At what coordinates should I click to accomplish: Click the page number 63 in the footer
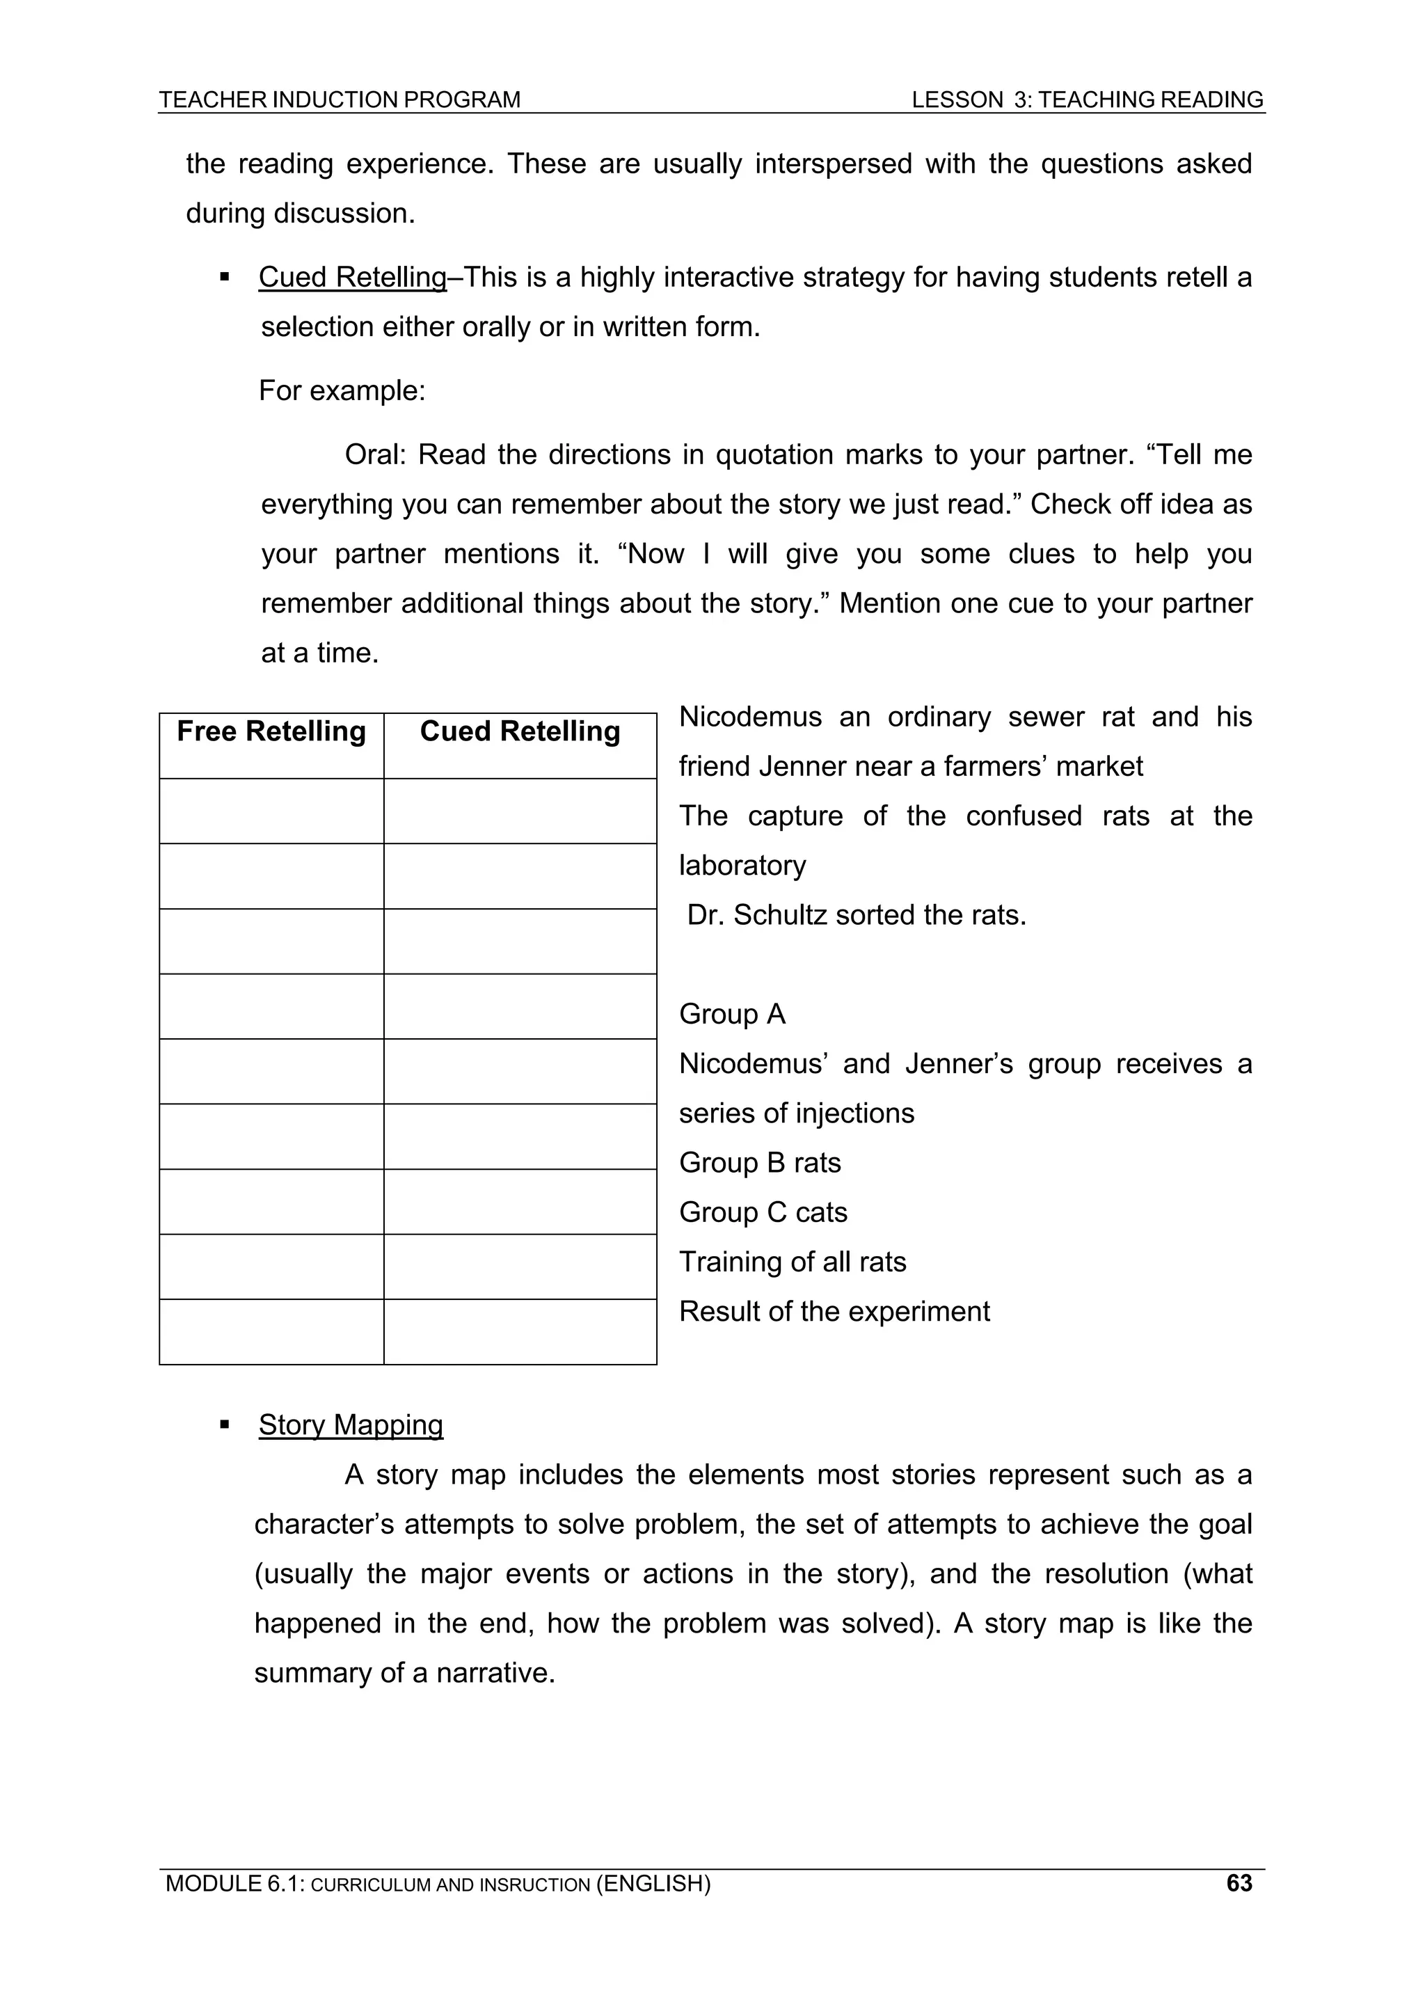(1239, 1883)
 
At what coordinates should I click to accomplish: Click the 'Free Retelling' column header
(271, 731)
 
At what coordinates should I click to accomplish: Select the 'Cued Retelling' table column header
(520, 731)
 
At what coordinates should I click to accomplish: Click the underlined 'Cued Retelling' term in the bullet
(352, 278)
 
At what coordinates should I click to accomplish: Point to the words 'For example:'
(342, 390)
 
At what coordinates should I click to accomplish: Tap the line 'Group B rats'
(760, 1163)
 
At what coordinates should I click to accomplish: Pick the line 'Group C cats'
(763, 1212)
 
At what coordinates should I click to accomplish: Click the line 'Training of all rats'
(792, 1262)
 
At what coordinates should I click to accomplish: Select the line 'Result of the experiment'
(834, 1311)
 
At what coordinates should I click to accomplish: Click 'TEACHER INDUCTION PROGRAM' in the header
(340, 100)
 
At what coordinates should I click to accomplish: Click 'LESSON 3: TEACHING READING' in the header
(1087, 100)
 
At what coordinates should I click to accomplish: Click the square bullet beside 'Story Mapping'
(225, 1424)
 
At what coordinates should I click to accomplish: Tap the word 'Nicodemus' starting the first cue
(750, 717)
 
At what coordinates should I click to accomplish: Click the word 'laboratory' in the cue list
(742, 866)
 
